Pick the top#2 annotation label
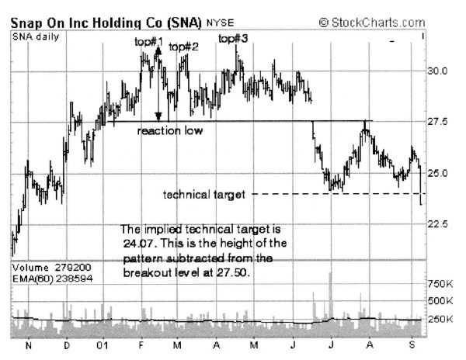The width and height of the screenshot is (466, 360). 184,47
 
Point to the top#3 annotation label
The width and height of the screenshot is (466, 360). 234,38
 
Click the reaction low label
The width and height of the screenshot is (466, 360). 170,131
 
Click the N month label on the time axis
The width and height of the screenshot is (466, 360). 29,345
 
